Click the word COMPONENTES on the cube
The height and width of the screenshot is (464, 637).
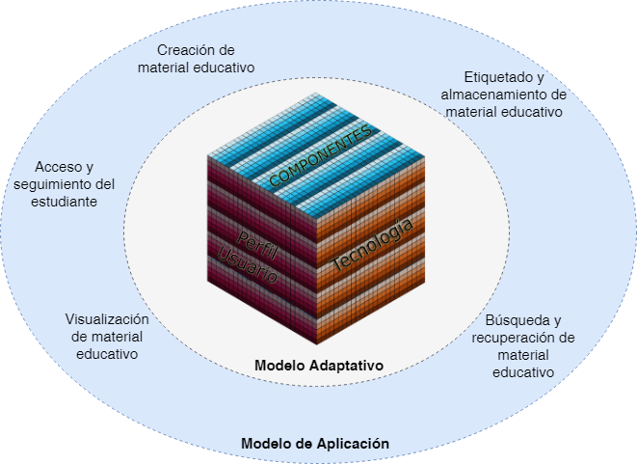320,155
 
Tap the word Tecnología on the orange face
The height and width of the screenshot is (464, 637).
373,244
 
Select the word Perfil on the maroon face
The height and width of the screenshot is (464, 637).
256,245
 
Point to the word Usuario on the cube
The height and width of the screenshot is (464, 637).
247,265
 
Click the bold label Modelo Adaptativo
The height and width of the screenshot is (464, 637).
319,366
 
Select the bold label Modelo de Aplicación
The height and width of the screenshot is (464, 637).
315,444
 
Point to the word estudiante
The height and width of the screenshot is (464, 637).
65,202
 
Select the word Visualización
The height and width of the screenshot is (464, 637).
107,319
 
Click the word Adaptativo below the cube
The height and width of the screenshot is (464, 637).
347,366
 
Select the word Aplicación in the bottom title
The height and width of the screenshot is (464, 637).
353,444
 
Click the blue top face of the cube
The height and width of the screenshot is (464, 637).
316,155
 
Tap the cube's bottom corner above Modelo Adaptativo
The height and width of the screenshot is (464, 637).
316,344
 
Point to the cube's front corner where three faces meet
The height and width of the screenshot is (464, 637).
316,219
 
